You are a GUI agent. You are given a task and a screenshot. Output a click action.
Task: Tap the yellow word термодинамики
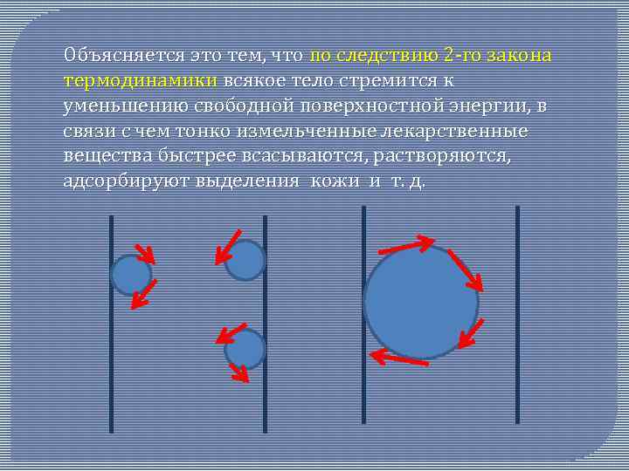[x=142, y=80]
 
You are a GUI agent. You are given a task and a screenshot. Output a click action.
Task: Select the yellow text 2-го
[x=460, y=55]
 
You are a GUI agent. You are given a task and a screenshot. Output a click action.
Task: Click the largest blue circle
[x=420, y=302]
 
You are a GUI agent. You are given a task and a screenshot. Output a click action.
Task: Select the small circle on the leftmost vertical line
[x=131, y=275]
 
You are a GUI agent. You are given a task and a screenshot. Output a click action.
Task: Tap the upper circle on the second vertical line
[x=245, y=260]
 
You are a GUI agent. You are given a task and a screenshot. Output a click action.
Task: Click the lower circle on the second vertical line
[x=245, y=349]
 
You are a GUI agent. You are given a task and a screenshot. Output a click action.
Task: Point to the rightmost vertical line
[x=517, y=314]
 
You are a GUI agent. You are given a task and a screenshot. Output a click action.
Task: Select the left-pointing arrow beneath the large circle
[x=398, y=357]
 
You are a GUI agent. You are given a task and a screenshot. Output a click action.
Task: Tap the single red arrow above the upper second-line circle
[x=229, y=245]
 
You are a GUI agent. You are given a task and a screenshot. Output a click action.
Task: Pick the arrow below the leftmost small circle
[x=142, y=295]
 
